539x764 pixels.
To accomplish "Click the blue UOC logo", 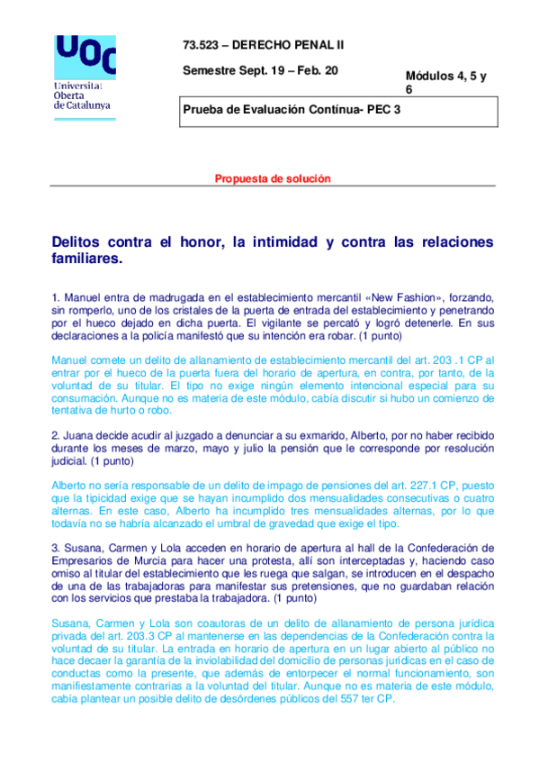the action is [85, 56].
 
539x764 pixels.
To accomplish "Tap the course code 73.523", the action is [199, 44].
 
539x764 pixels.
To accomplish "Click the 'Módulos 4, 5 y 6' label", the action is [445, 83].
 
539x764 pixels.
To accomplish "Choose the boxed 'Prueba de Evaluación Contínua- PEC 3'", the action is [292, 110].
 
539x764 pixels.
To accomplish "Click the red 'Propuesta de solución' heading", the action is [273, 178].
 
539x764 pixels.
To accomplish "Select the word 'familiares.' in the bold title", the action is [86, 259].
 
